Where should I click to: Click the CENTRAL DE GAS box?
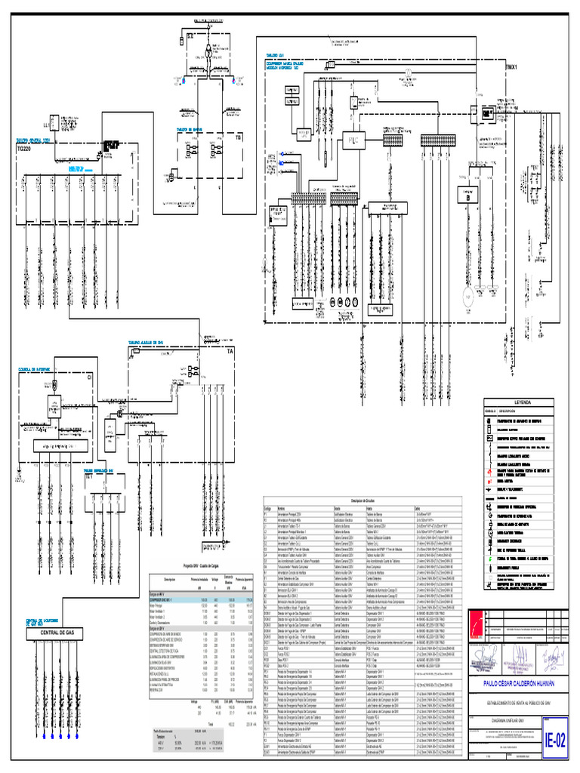pyautogui.click(x=57, y=632)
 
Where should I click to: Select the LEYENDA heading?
pyautogui.click(x=523, y=402)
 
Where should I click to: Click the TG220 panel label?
pyautogui.click(x=24, y=149)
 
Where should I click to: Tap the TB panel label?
pyautogui.click(x=238, y=138)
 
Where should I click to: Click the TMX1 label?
pyautogui.click(x=515, y=66)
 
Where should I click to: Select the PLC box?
pyautogui.click(x=353, y=140)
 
